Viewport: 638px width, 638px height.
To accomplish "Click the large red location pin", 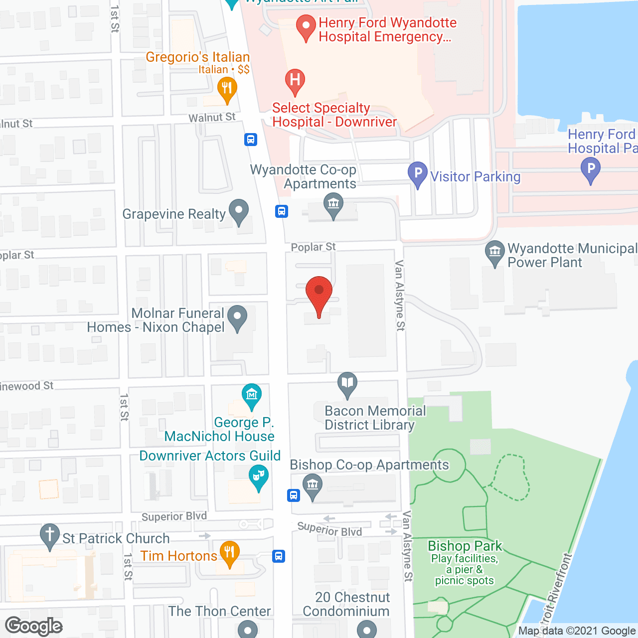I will [x=319, y=294].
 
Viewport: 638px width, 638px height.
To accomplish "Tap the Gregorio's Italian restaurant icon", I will [x=227, y=90].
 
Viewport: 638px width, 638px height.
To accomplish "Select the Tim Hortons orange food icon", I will [x=229, y=553].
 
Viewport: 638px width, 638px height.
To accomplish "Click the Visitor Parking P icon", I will [x=418, y=174].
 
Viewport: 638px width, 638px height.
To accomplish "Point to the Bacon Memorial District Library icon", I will [x=347, y=384].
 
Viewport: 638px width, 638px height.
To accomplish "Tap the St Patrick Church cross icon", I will [x=50, y=536].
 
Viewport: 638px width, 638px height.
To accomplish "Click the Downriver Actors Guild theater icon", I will [x=259, y=477].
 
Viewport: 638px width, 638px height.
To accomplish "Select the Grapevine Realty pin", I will [x=239, y=211].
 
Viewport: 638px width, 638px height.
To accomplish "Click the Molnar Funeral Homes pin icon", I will [x=237, y=317].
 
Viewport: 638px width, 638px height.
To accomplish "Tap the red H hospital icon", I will [x=295, y=81].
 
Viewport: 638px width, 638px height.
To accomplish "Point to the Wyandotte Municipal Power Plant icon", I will [x=495, y=253].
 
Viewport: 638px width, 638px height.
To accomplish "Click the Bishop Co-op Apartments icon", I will [x=313, y=485].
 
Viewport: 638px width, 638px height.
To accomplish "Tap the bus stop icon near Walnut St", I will [x=251, y=140].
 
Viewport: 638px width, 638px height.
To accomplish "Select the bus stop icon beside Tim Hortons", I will [x=279, y=556].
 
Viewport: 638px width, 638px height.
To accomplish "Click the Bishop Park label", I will [x=465, y=546].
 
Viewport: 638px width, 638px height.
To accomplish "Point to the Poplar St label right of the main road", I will [x=313, y=247].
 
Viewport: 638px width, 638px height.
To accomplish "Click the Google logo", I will [x=34, y=626].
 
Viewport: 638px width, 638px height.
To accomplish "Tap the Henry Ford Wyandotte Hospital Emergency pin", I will [x=306, y=27].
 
